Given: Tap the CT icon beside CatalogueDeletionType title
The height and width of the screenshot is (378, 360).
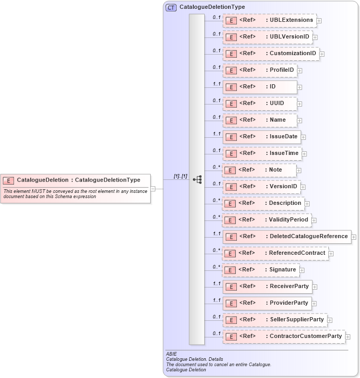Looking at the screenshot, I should pyautogui.click(x=171, y=7).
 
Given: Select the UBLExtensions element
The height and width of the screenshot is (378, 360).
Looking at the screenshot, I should pyautogui.click(x=270, y=20).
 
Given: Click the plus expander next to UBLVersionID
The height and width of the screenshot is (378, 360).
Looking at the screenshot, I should pyautogui.click(x=315, y=37).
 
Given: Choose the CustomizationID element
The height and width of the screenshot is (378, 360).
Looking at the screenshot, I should pyautogui.click(x=271, y=54).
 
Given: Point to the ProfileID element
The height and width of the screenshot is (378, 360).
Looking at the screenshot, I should pyautogui.click(x=259, y=70).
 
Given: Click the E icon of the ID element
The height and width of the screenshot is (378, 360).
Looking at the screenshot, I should pyautogui.click(x=232, y=87).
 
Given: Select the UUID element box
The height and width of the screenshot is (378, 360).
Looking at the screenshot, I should pyautogui.click(x=259, y=103).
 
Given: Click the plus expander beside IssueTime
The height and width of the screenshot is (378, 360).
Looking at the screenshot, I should pyautogui.click(x=304, y=154).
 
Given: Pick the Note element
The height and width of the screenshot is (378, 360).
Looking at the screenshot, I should pyautogui.click(x=259, y=170).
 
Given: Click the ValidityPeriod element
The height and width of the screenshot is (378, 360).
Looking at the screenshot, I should pyautogui.click(x=267, y=220).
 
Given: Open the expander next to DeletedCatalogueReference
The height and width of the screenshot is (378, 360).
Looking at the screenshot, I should pyautogui.click(x=354, y=237).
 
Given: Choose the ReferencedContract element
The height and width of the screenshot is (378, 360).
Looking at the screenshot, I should pyautogui.click(x=275, y=253).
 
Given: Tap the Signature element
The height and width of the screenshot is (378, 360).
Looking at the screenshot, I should pyautogui.click(x=261, y=270).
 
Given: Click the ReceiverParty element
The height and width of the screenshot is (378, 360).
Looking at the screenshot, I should pyautogui.click(x=267, y=286).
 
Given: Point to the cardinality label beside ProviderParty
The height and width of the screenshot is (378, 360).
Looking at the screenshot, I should pyautogui.click(x=217, y=300).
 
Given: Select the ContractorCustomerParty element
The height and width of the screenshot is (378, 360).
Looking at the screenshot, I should pyautogui.click(x=284, y=336).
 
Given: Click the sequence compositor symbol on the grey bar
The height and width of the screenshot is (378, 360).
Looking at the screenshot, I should pyautogui.click(x=197, y=179).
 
